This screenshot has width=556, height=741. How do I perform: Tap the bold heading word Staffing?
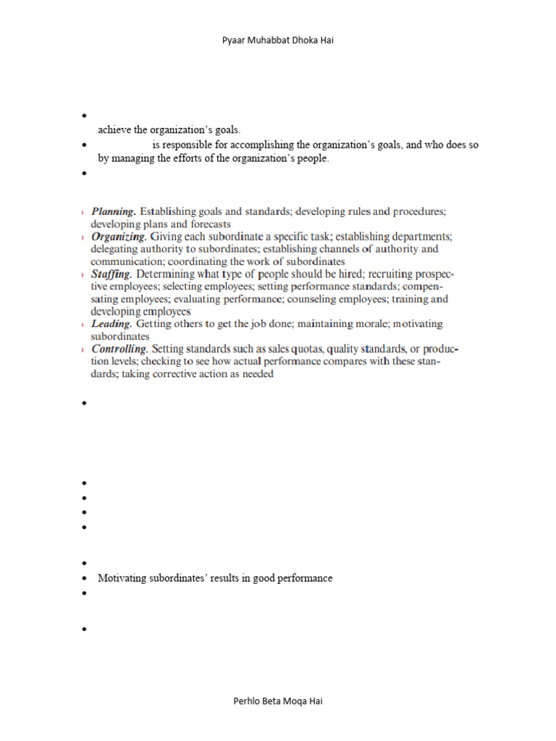(x=111, y=274)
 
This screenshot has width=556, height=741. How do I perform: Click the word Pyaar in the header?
(x=233, y=41)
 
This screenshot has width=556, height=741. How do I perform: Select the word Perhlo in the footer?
(x=247, y=701)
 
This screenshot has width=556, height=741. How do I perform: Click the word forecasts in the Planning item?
(x=209, y=224)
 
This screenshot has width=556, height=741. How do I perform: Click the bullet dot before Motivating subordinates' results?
(x=85, y=579)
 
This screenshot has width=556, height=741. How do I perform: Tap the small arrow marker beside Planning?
(x=83, y=213)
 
